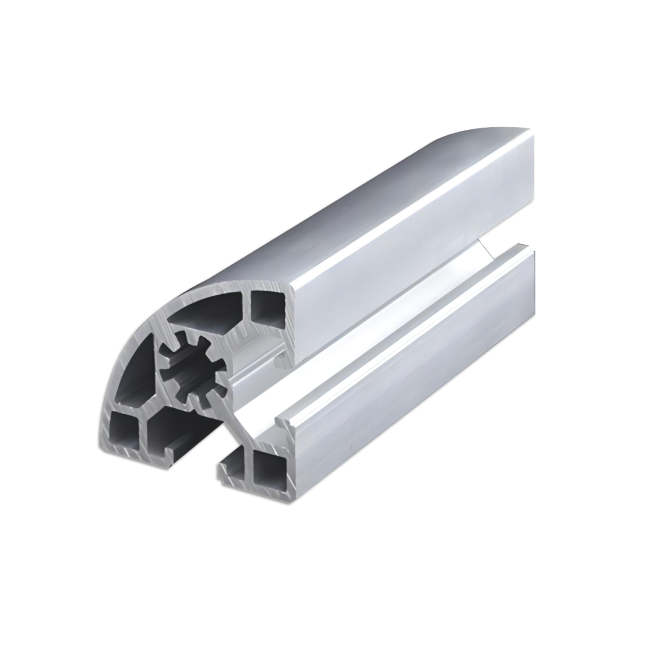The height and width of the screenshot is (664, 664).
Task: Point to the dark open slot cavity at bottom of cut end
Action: [172, 426]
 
